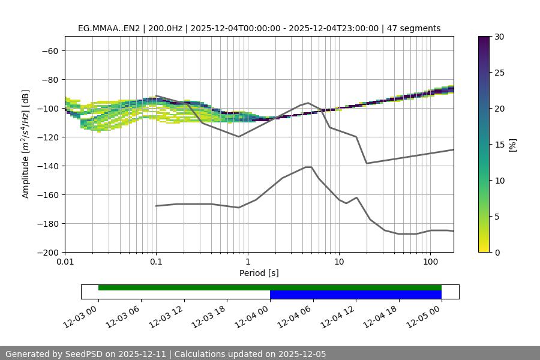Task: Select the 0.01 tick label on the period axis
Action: tap(65, 262)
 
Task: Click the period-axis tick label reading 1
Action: tap(247, 262)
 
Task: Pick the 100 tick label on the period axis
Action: tap(430, 262)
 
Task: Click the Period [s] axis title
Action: tap(259, 273)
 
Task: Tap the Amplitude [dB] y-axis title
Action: tap(26, 144)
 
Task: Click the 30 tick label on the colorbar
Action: tap(499, 37)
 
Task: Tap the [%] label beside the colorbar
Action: tap(512, 145)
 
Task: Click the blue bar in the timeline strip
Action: tap(355, 295)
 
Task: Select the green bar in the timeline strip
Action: tap(269, 287)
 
